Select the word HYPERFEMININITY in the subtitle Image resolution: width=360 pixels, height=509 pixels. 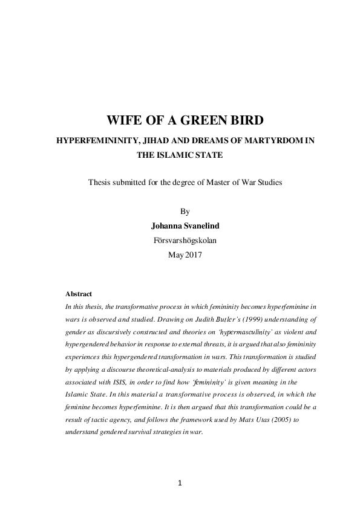coord(97,140)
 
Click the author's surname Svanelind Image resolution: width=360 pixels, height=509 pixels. coord(201,226)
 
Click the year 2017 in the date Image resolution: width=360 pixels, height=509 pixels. coord(192,254)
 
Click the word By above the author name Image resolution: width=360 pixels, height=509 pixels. coord(185,212)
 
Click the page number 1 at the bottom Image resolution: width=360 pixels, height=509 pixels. coord(180,483)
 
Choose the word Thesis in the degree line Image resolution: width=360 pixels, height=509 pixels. coord(100,181)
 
